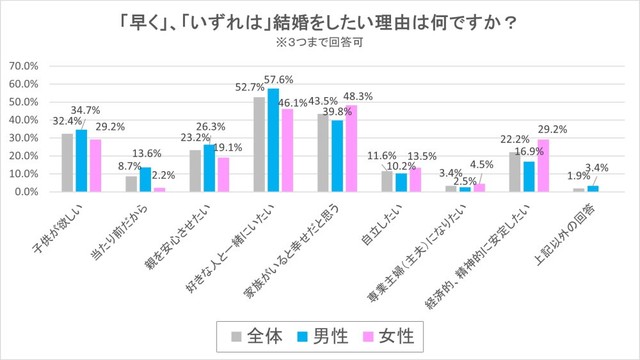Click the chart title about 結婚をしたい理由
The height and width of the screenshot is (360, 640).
click(320, 21)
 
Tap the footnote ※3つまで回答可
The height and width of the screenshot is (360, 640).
click(320, 43)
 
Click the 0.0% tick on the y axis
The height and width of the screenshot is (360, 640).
click(27, 191)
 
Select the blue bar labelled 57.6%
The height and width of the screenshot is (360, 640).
click(274, 140)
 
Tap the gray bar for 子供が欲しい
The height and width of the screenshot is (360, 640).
click(68, 162)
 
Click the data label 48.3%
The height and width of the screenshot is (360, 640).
click(359, 96)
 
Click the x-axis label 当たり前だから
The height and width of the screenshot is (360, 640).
click(115, 230)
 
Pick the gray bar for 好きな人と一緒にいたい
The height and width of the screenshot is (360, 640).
click(259, 144)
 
